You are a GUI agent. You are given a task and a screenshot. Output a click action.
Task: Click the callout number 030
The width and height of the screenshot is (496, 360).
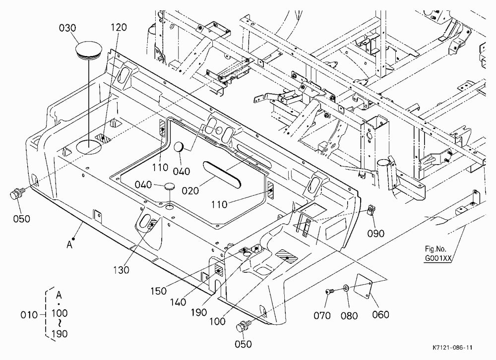click(x=67, y=28)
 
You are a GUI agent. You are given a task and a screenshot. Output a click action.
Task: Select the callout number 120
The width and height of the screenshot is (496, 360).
click(x=119, y=27)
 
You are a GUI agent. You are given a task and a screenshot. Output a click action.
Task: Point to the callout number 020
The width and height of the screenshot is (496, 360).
click(x=190, y=191)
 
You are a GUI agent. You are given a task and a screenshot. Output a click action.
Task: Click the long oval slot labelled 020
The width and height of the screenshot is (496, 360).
click(x=222, y=174)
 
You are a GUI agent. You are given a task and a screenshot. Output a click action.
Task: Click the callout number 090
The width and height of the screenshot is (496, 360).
click(x=376, y=233)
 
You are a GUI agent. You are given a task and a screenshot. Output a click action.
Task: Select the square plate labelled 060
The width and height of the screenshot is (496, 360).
click(x=364, y=286)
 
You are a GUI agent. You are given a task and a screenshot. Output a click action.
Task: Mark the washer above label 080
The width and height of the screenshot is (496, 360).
click(x=346, y=288)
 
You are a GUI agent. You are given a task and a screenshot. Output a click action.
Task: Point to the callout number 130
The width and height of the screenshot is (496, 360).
click(x=121, y=270)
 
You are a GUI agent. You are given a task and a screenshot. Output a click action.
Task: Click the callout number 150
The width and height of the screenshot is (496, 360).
click(x=158, y=291)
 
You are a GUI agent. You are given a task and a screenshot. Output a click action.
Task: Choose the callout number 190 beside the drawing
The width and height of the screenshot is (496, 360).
click(x=199, y=312)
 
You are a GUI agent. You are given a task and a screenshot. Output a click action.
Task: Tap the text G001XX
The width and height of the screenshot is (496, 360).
click(x=438, y=258)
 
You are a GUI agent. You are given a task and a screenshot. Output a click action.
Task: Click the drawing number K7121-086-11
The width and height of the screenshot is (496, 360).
click(x=452, y=347)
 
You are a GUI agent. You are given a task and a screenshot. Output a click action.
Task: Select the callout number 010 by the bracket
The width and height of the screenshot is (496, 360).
click(x=29, y=315)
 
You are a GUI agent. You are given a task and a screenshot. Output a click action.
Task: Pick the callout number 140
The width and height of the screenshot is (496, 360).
click(x=178, y=302)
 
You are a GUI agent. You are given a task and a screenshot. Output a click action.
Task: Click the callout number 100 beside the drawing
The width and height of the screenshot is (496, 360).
click(x=217, y=321)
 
